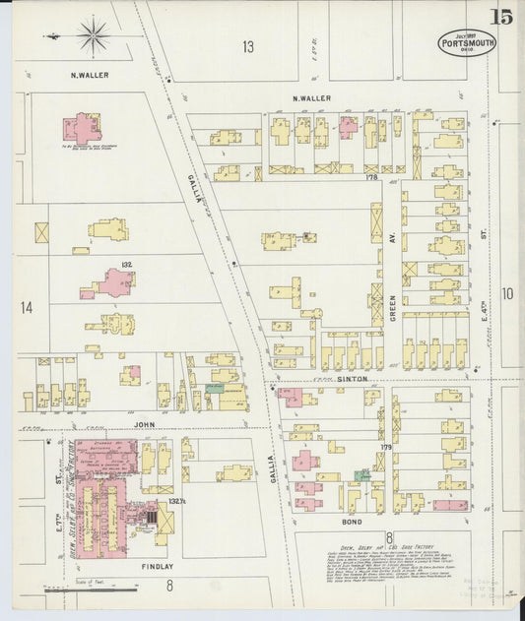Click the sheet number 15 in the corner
(501, 17)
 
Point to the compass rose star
(94, 37)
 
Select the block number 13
(248, 46)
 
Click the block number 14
(26, 308)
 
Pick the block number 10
(506, 293)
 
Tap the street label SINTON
(354, 378)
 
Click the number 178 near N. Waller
(371, 178)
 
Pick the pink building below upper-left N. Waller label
(82, 127)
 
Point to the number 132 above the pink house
(126, 265)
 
